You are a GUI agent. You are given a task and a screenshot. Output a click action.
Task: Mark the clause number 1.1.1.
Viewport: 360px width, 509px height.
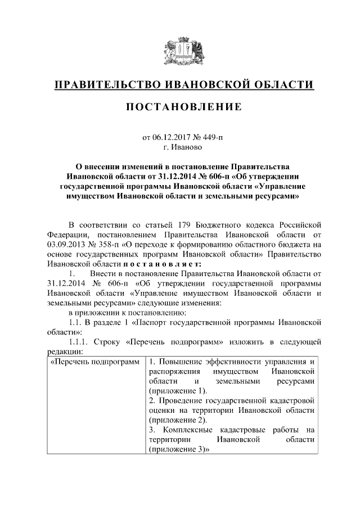79,342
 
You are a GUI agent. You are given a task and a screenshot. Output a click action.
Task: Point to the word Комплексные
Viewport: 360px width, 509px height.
187,430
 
